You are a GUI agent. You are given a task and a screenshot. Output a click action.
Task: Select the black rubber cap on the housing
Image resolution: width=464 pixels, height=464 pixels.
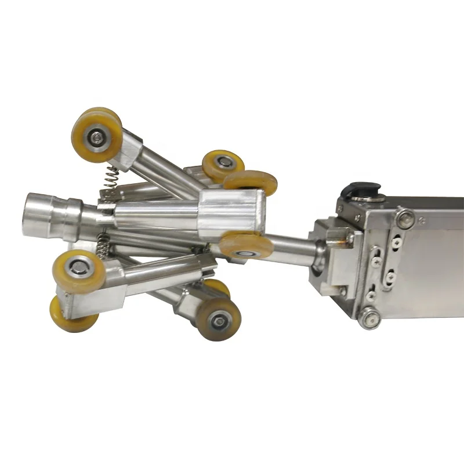(361, 190)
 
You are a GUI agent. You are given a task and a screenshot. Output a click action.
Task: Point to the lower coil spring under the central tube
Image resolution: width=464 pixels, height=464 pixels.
(102, 244)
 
